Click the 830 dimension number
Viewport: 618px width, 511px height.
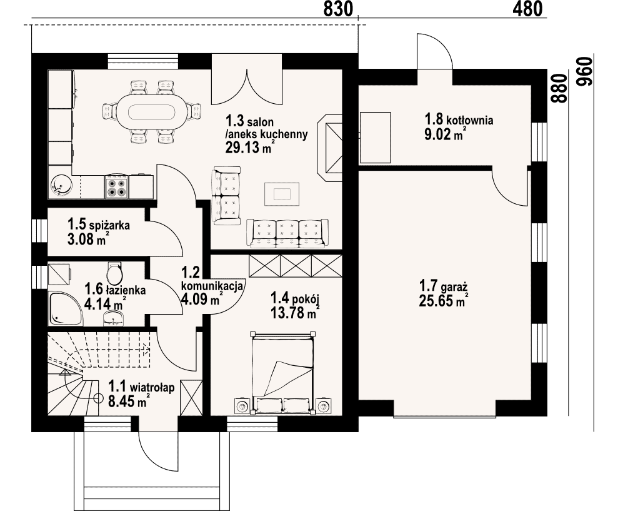(x=338, y=9)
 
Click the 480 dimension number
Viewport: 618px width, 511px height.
(x=527, y=9)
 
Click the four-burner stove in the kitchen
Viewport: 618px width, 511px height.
(x=116, y=187)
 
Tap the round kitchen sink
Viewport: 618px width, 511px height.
(x=61, y=186)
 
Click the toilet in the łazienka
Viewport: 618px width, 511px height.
(x=115, y=271)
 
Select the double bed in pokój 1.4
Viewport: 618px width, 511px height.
(x=282, y=373)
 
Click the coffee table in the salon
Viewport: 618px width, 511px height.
(x=282, y=194)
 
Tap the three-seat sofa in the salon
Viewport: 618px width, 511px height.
(x=287, y=233)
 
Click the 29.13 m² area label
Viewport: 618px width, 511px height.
(x=250, y=147)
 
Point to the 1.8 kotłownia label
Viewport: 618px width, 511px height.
(x=459, y=119)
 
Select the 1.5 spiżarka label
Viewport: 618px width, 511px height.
(x=99, y=225)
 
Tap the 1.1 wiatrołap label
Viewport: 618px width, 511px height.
(x=141, y=387)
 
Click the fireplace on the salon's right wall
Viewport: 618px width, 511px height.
(x=329, y=148)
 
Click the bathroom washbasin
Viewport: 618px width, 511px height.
(x=113, y=318)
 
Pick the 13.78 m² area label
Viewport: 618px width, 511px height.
(x=295, y=313)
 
